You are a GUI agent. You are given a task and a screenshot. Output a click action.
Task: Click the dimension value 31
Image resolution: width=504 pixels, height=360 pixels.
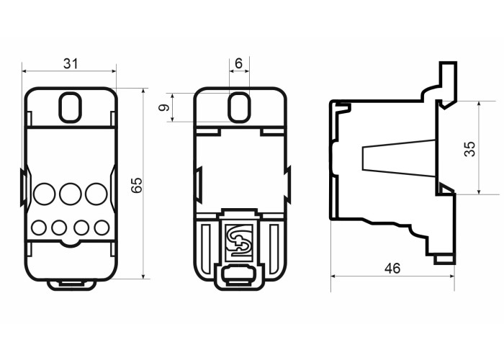[x=71, y=63]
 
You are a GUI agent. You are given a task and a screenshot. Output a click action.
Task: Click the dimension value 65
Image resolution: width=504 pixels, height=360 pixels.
[x=137, y=185]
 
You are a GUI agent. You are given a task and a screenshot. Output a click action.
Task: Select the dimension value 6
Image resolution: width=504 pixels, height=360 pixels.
[x=238, y=63]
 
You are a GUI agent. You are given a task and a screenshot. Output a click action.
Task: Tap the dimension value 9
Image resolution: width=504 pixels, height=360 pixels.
[x=164, y=107]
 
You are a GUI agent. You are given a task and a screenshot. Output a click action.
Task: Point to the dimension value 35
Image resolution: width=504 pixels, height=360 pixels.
[x=470, y=149]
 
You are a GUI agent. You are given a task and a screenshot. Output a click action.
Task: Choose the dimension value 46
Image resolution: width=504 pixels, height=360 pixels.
[x=392, y=269]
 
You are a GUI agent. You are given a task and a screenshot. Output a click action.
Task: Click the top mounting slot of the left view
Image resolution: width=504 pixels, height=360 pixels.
[x=70, y=107]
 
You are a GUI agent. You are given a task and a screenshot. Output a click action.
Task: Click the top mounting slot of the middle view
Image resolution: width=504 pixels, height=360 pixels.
[x=239, y=107]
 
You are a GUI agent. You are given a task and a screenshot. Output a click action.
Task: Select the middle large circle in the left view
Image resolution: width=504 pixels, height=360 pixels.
[x=71, y=194]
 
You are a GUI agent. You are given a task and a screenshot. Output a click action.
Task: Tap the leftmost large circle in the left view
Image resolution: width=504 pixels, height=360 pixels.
[x=45, y=194]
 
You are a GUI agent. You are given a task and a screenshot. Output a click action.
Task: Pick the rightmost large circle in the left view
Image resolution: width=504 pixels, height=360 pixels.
[x=96, y=194]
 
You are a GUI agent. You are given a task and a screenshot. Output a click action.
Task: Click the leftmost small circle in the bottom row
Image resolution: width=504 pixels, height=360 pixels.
[x=39, y=228]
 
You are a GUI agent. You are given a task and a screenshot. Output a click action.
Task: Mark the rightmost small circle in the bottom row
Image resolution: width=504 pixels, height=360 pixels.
[x=102, y=228]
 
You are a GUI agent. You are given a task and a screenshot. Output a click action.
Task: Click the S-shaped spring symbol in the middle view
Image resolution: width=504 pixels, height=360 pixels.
[x=240, y=243]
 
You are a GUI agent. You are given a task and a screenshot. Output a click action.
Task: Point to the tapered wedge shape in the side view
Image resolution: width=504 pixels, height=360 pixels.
[x=399, y=158]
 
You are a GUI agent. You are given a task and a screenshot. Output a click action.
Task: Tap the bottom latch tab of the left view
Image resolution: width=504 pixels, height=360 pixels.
[x=72, y=285]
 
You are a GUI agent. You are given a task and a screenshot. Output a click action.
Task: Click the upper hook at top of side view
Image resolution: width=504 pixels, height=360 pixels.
[x=449, y=84]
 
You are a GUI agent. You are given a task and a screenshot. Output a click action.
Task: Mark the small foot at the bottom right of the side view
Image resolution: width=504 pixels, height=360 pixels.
[x=444, y=260]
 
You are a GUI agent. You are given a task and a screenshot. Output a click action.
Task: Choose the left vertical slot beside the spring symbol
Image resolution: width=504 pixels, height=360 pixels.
[x=207, y=248]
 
